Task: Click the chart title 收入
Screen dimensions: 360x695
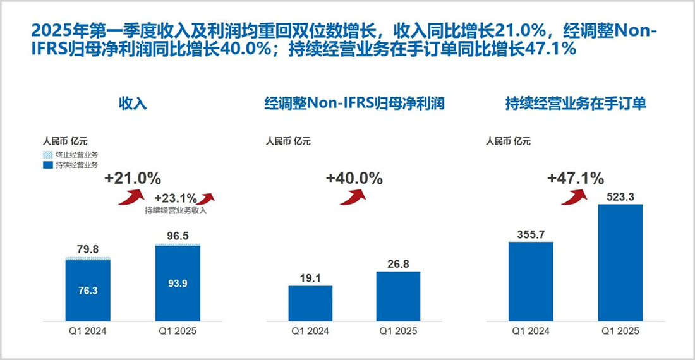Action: (133, 104)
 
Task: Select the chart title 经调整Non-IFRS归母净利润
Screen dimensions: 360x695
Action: (354, 104)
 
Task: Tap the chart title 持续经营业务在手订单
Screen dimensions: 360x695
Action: (575, 104)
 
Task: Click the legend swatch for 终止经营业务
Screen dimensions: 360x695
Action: (46, 155)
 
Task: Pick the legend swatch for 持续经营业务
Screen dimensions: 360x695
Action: (46, 165)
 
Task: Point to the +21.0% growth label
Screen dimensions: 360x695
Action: (133, 179)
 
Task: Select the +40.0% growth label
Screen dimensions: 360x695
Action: (354, 179)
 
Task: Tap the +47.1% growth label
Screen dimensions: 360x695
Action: (575, 179)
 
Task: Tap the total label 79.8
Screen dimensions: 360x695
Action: (88, 249)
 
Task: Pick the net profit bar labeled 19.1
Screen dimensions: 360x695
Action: (310, 303)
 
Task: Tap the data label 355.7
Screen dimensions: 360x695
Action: (531, 234)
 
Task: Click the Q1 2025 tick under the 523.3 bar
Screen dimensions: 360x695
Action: (620, 331)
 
